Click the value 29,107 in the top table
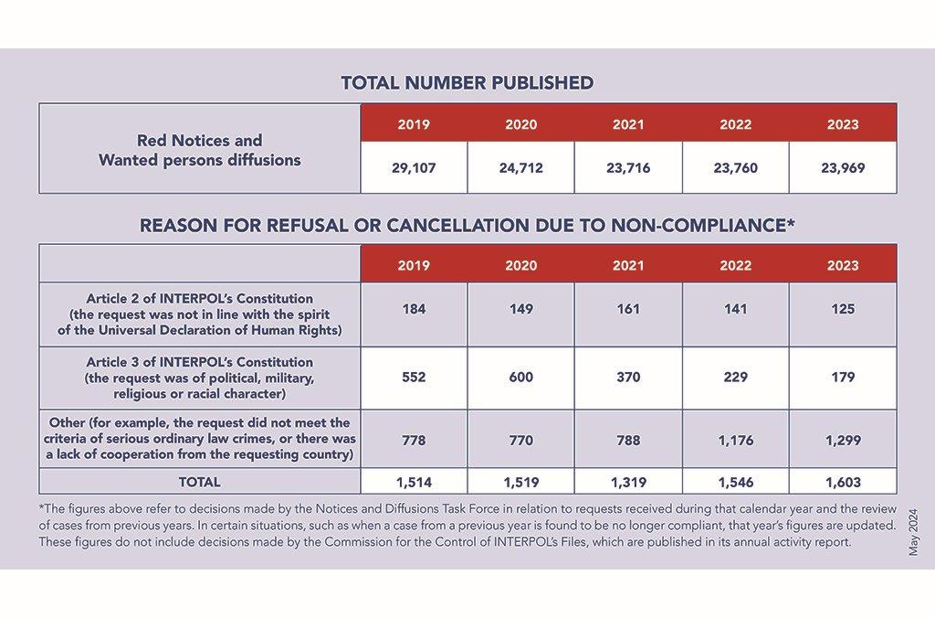tap(414, 168)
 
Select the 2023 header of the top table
tap(843, 124)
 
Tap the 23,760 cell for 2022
tap(735, 168)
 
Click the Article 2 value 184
tap(414, 309)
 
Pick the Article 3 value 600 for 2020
tap(521, 377)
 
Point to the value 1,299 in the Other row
tap(843, 440)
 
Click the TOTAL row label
tap(199, 482)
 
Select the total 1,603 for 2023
tap(843, 482)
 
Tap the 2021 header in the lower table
tap(628, 265)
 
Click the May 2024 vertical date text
tap(913, 533)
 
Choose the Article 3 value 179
tap(843, 377)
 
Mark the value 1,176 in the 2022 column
tap(736, 440)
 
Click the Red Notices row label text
tap(200, 150)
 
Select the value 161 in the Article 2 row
tap(628, 309)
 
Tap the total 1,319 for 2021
tap(628, 482)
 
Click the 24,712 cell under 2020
tap(521, 168)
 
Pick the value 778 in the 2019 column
tap(414, 440)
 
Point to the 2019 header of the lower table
tap(414, 265)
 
